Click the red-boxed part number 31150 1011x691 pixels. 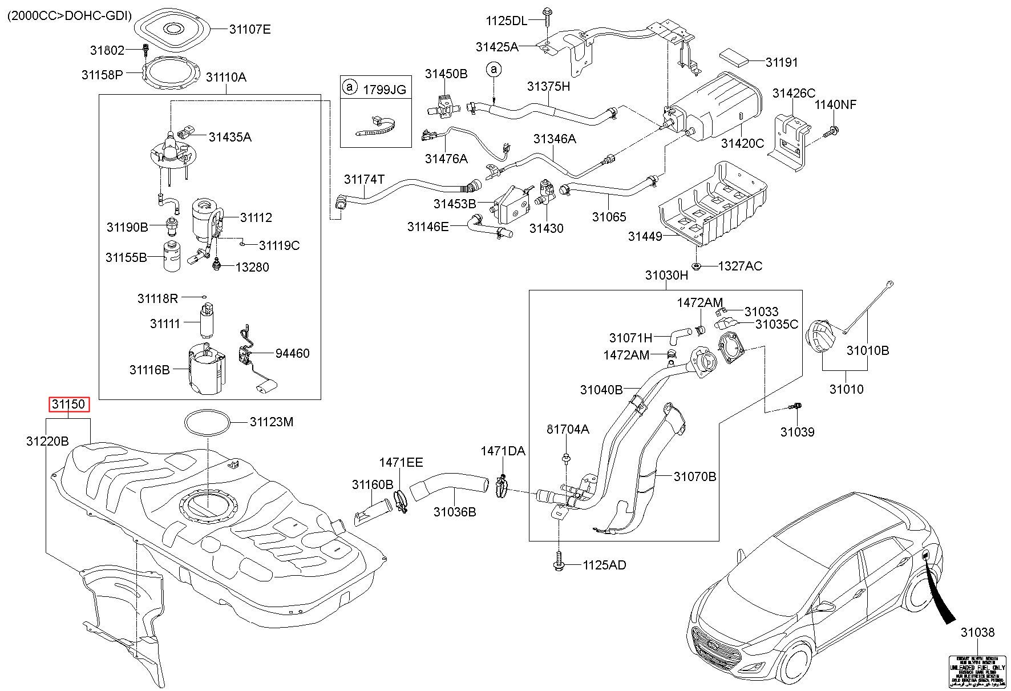click(68, 405)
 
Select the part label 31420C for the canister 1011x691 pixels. click(742, 143)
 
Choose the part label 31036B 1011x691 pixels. click(454, 512)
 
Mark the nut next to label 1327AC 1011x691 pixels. click(697, 266)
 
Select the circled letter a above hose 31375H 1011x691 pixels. click(494, 70)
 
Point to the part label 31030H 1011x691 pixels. click(666, 275)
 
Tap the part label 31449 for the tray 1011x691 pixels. click(645, 236)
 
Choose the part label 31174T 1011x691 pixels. click(364, 180)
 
